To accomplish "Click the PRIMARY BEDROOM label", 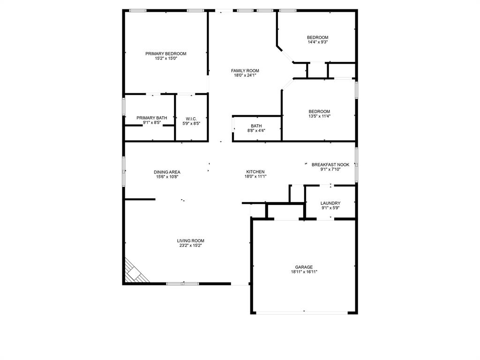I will tap(165, 53).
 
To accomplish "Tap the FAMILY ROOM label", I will tap(245, 71).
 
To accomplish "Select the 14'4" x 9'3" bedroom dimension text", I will tap(317, 42).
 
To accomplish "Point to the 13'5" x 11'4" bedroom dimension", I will tap(319, 116).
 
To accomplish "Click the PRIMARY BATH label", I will tap(151, 118).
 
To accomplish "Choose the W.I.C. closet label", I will tap(191, 119).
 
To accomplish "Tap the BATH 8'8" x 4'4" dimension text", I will tap(256, 130).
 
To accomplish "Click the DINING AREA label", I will tap(167, 172).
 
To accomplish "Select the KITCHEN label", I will tap(255, 172).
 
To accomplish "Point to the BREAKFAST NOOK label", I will tap(330, 165).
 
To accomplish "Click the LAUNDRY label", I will tap(330, 203).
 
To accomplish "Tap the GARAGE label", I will tap(304, 267).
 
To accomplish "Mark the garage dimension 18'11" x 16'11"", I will tap(304, 272).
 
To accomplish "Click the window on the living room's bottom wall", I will tap(182, 284).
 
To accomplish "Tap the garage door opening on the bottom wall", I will tap(303, 313).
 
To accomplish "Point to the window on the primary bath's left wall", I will tap(124, 105).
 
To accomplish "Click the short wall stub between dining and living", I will tap(140, 199).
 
